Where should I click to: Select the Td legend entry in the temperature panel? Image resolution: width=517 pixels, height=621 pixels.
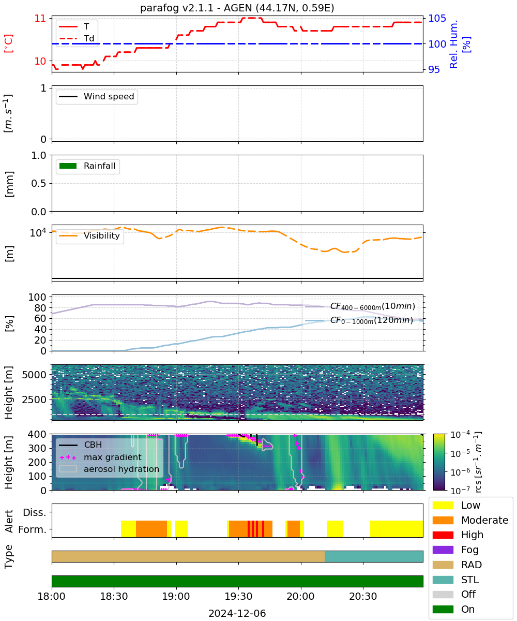coord(77,38)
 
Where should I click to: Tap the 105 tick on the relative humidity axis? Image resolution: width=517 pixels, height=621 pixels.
coord(436,19)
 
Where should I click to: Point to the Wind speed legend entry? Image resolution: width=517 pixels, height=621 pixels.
coord(97,96)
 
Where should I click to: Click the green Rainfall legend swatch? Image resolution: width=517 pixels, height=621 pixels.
coord(68,166)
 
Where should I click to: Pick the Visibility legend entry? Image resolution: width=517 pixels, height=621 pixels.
coord(89,235)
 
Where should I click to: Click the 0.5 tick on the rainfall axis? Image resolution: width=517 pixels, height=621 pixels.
coord(39,183)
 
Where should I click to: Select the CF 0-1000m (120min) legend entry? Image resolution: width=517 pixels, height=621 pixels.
coord(359,320)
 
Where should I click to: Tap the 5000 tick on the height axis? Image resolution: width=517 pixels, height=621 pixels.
coord(34,375)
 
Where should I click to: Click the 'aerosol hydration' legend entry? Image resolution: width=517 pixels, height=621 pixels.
coord(109,469)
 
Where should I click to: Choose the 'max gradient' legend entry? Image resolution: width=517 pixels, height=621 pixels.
coord(101,457)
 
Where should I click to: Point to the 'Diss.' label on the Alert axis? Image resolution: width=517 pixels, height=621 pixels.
coord(35,512)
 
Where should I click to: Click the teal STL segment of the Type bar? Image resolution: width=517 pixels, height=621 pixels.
coord(373,556)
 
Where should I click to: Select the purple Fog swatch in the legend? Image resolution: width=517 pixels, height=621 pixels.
coord(443,550)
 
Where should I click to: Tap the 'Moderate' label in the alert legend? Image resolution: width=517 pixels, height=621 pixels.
coord(484,520)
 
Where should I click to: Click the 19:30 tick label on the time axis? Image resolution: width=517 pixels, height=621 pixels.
coord(238,596)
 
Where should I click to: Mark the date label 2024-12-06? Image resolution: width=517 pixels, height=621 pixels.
coord(237,613)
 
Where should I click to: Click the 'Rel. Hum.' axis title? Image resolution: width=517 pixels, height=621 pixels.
coord(453,44)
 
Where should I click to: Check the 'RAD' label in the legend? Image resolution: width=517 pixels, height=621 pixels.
coord(471,565)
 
